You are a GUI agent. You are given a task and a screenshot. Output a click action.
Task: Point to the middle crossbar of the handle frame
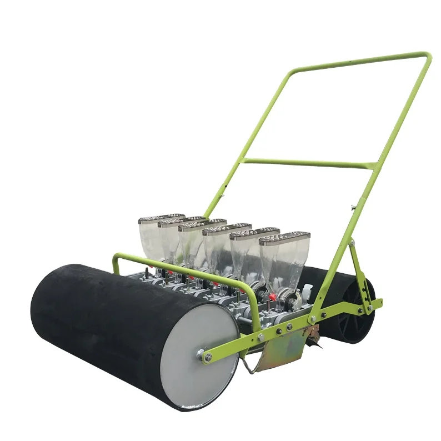click(308, 163)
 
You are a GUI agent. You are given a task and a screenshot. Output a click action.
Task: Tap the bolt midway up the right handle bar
click(353, 208)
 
